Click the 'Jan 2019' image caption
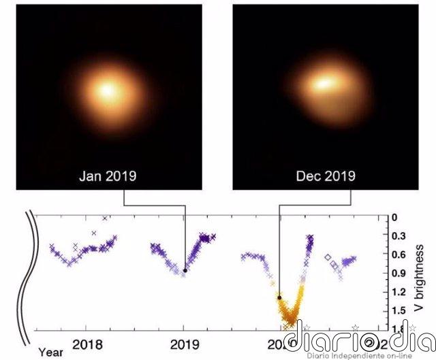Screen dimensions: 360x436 (x=108, y=176)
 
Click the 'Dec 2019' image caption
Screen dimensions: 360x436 (x=326, y=176)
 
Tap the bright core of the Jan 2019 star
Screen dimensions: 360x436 (x=108, y=89)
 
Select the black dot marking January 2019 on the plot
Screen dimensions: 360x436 (x=185, y=270)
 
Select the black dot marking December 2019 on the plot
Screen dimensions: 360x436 (x=279, y=297)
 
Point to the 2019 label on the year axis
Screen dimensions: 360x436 (x=184, y=344)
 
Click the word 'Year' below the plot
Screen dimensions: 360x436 (x=50, y=352)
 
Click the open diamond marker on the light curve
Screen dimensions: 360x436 (x=328, y=258)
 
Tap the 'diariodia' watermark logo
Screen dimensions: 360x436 (x=358, y=336)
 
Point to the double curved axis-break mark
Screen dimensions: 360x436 (x=28, y=272)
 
